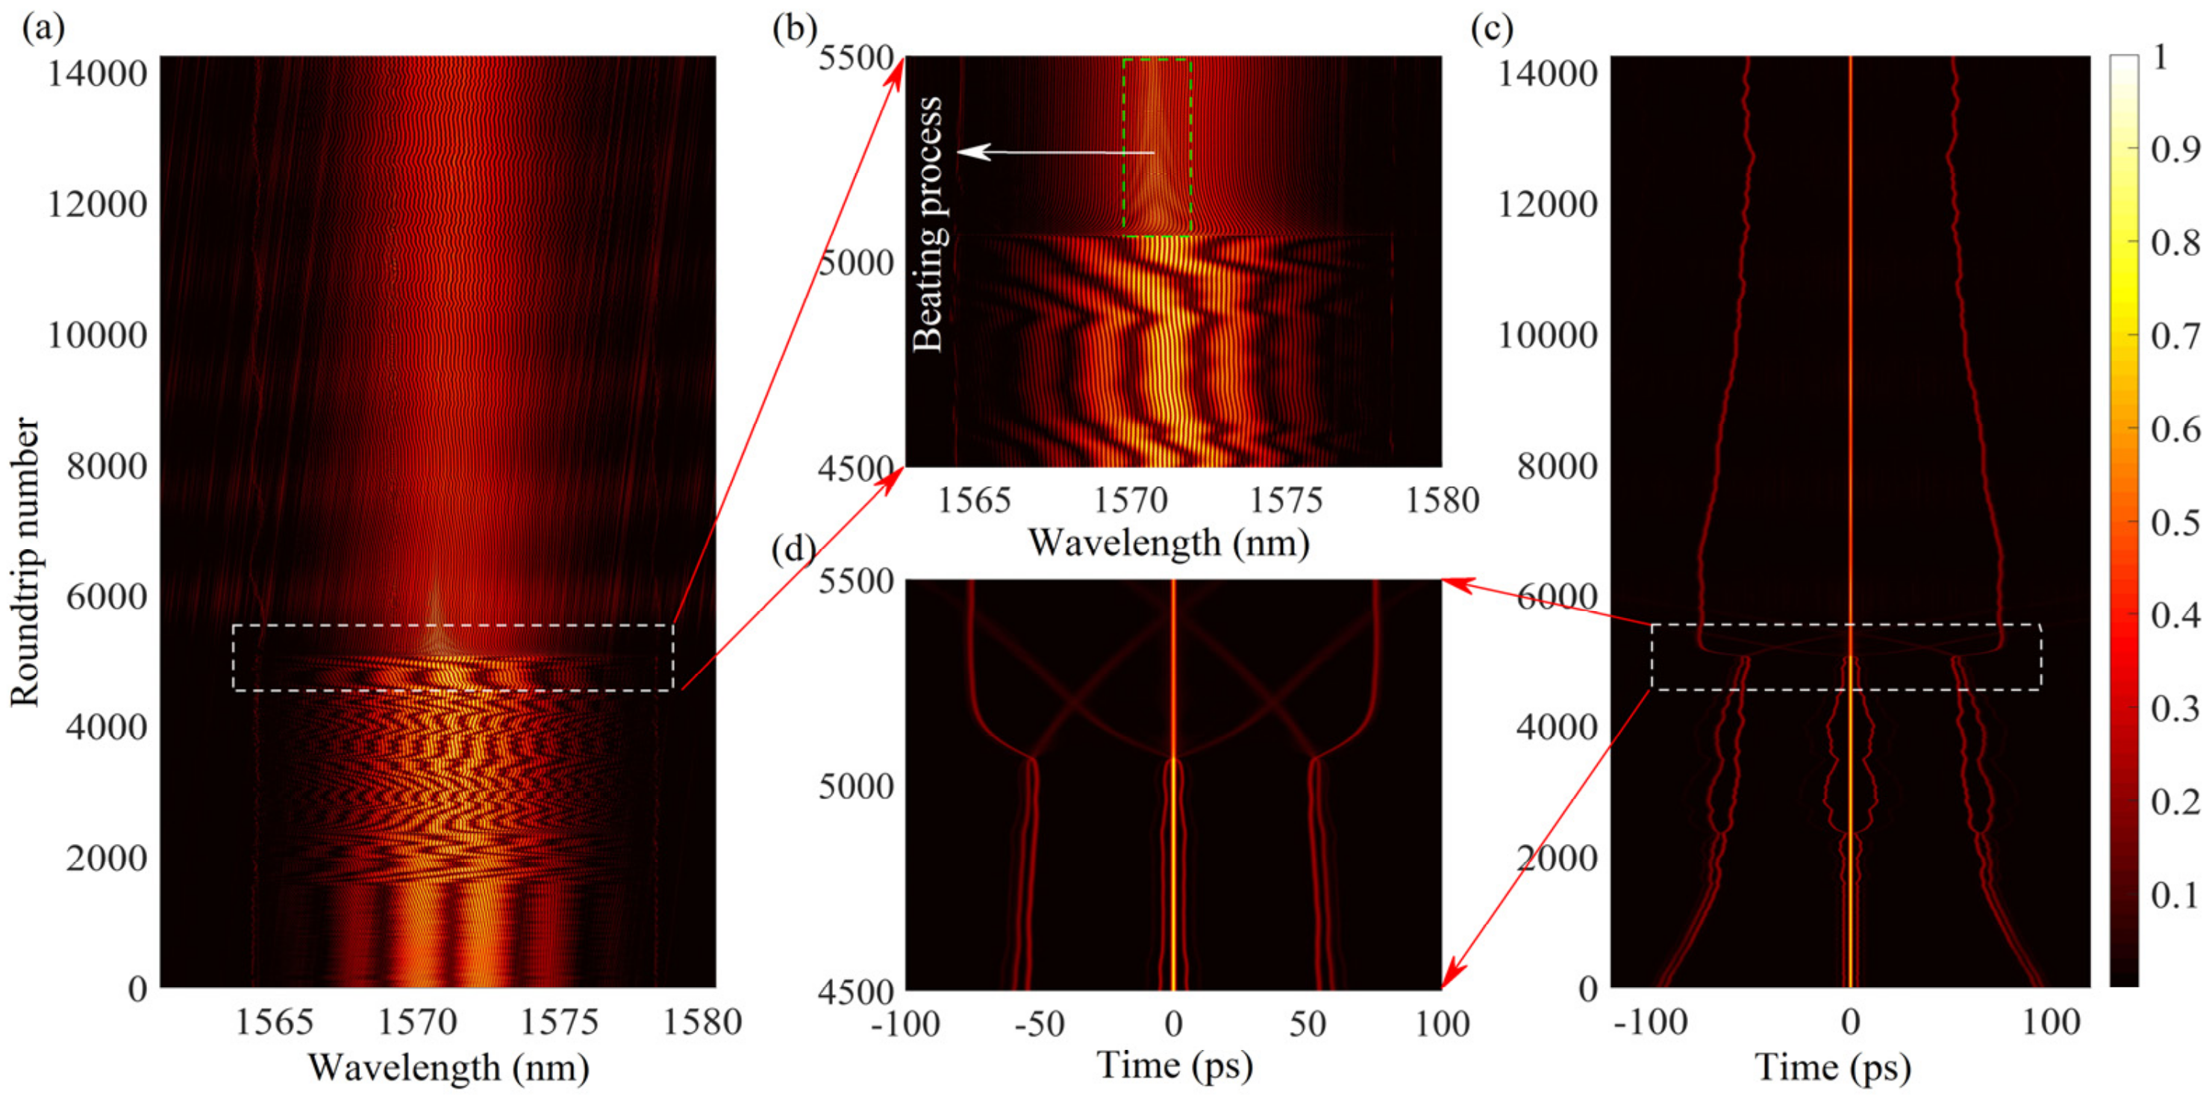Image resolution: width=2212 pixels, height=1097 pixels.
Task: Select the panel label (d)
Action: click(793, 548)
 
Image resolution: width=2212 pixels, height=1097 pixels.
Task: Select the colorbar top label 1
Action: click(2161, 58)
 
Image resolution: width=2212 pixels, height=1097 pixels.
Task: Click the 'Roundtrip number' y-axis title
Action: click(26, 562)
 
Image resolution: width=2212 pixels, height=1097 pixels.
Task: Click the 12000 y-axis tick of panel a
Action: click(97, 204)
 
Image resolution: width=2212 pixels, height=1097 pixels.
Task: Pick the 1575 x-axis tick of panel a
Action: click(559, 1022)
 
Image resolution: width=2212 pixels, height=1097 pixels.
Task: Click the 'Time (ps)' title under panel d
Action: click(1175, 1064)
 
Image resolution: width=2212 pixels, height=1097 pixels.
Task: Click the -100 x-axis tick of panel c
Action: click(1650, 1022)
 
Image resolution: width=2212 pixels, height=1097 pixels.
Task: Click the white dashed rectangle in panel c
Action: click(1846, 625)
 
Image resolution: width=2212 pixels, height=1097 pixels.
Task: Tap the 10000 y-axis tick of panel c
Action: click(1547, 335)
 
